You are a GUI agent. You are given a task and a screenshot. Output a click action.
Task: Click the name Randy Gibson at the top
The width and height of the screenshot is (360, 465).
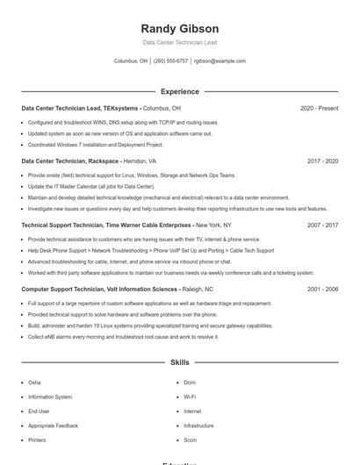[x=180, y=28]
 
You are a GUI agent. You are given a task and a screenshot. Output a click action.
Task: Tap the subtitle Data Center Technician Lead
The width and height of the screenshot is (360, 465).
[x=180, y=42]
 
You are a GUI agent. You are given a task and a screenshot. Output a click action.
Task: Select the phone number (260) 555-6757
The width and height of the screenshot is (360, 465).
[x=170, y=61]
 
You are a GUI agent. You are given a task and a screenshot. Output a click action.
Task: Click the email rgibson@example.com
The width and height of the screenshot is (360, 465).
[x=220, y=61]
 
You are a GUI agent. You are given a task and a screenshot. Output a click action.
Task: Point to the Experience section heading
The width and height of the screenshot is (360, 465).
[x=180, y=91]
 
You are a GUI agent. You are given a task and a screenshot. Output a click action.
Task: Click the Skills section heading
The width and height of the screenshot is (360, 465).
[x=180, y=361]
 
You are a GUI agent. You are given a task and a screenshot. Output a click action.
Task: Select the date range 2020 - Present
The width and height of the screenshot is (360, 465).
[x=319, y=109]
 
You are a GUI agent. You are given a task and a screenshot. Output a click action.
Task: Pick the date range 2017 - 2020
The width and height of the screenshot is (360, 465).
[x=322, y=161]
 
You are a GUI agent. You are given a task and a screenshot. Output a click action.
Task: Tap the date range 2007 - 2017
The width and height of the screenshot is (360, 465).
[x=322, y=225]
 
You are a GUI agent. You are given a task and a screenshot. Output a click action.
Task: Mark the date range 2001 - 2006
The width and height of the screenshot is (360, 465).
[x=322, y=289]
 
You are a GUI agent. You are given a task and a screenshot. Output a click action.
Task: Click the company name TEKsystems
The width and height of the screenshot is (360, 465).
[x=120, y=109]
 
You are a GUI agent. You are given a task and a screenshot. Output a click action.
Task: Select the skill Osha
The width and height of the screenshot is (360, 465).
[x=34, y=383]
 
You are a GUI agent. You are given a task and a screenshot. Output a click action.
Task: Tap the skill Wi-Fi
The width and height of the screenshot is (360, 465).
[x=190, y=397]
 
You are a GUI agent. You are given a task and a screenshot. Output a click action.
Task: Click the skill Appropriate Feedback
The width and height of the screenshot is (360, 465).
[x=53, y=426]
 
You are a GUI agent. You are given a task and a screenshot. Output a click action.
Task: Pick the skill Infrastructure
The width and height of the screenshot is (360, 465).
[x=198, y=426]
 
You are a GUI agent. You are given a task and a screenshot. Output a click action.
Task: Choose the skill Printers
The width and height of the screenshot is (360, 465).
[x=37, y=440]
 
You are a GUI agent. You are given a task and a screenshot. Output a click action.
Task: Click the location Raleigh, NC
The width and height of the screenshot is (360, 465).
[x=198, y=289]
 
